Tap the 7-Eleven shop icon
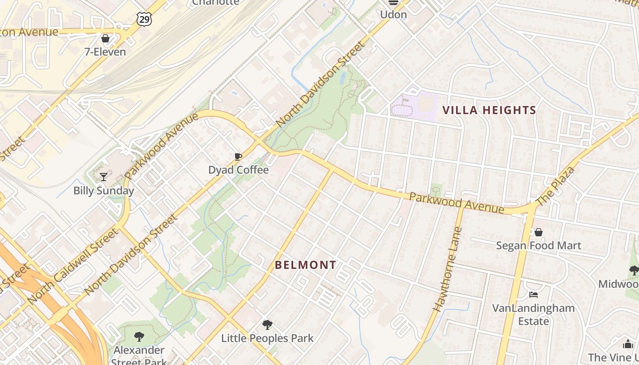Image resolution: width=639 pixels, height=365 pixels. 105,38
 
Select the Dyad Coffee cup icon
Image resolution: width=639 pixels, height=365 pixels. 238,157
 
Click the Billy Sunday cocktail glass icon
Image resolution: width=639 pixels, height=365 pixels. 104,177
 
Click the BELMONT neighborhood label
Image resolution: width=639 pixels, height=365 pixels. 306,265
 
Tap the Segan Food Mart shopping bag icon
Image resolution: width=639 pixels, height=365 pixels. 539,232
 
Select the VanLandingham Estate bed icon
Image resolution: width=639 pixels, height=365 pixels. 533,294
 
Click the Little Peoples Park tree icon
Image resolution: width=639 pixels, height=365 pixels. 267,325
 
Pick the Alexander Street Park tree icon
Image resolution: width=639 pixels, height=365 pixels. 139,337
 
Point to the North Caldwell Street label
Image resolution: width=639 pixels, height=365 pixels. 73,267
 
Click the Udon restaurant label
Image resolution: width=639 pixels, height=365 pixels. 393,15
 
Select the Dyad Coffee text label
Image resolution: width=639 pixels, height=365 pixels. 238,170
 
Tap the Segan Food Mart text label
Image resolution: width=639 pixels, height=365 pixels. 539,246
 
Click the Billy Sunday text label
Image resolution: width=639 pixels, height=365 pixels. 104,191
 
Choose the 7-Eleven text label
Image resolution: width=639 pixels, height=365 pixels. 105,52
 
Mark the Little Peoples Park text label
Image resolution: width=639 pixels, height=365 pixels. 267,339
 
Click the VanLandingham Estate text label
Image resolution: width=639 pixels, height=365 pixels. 533,314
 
